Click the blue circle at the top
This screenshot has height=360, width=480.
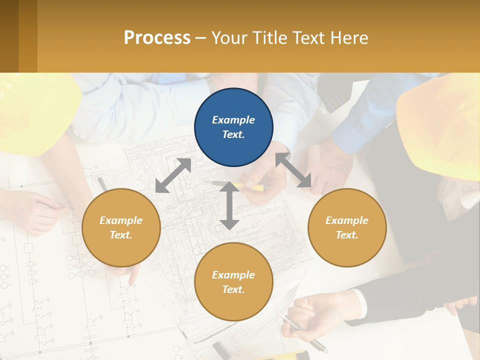tap(233, 127)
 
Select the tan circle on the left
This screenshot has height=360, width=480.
tap(121, 227)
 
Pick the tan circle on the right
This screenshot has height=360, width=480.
tap(347, 227)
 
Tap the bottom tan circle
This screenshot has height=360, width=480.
tap(233, 282)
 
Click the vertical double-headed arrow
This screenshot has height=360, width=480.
tap(229, 205)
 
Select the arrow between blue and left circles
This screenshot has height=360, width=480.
tap(173, 175)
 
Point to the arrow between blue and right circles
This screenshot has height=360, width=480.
tap(293, 170)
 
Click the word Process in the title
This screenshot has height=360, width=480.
tap(157, 37)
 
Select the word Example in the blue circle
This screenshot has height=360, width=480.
tap(233, 120)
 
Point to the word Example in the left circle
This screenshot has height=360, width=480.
tap(121, 220)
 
